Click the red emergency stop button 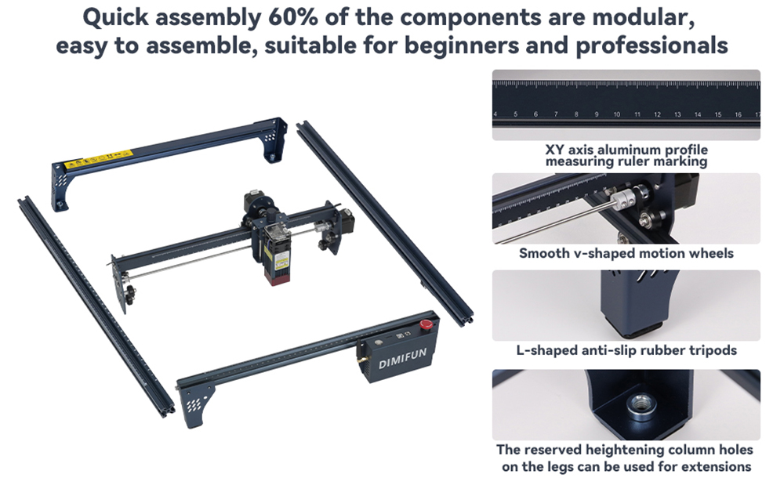click(427, 324)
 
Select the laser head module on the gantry click(279, 252)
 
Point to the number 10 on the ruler click(616, 115)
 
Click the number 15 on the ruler click(717, 115)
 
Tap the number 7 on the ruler click(555, 115)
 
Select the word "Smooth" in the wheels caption click(544, 253)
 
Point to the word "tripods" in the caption click(710, 350)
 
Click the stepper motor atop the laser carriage click(255, 202)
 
